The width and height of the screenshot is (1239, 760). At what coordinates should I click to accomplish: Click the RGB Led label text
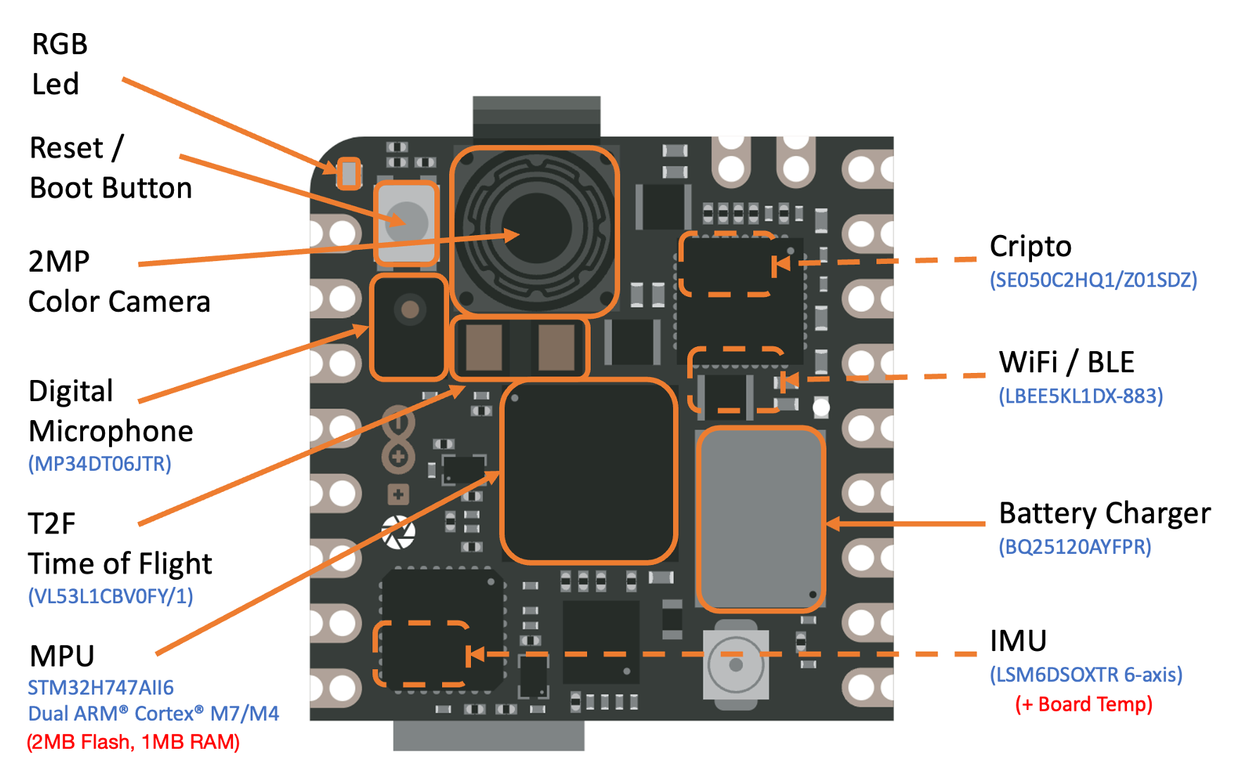tap(59, 64)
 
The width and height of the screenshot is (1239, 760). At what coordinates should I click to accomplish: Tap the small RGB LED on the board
tap(348, 173)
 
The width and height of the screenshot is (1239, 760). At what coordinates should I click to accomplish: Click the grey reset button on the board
tap(407, 222)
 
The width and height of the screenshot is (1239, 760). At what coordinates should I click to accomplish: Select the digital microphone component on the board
tap(409, 328)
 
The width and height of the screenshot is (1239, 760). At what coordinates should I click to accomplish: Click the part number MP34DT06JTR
tap(99, 464)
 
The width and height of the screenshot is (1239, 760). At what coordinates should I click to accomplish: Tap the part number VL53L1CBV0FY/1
tap(111, 597)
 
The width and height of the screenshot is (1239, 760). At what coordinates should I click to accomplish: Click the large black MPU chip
tap(589, 471)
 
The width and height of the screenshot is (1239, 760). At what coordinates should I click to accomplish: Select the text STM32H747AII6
tap(101, 688)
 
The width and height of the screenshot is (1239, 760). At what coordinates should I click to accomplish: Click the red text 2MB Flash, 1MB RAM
tap(133, 742)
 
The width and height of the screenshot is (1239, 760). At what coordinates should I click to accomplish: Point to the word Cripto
tap(1030, 247)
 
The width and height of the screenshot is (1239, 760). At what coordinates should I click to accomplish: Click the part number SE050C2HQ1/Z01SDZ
tap(1093, 280)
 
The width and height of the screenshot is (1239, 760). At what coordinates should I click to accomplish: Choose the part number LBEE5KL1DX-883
tap(1081, 396)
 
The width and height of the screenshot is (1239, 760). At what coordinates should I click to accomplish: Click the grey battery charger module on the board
tap(760, 519)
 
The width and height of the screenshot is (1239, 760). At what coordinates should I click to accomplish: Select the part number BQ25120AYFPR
tap(1074, 547)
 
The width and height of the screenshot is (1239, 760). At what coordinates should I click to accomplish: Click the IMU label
tap(1018, 641)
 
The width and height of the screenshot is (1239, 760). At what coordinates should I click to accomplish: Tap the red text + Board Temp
tap(1083, 704)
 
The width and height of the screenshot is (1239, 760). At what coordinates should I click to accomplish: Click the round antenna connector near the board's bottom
tap(736, 664)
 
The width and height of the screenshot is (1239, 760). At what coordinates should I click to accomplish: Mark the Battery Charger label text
tap(1105, 514)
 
